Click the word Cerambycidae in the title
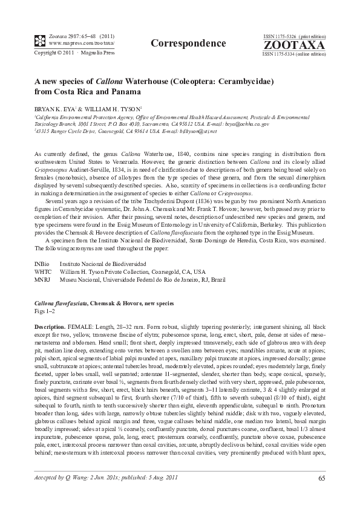coord(243,80)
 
